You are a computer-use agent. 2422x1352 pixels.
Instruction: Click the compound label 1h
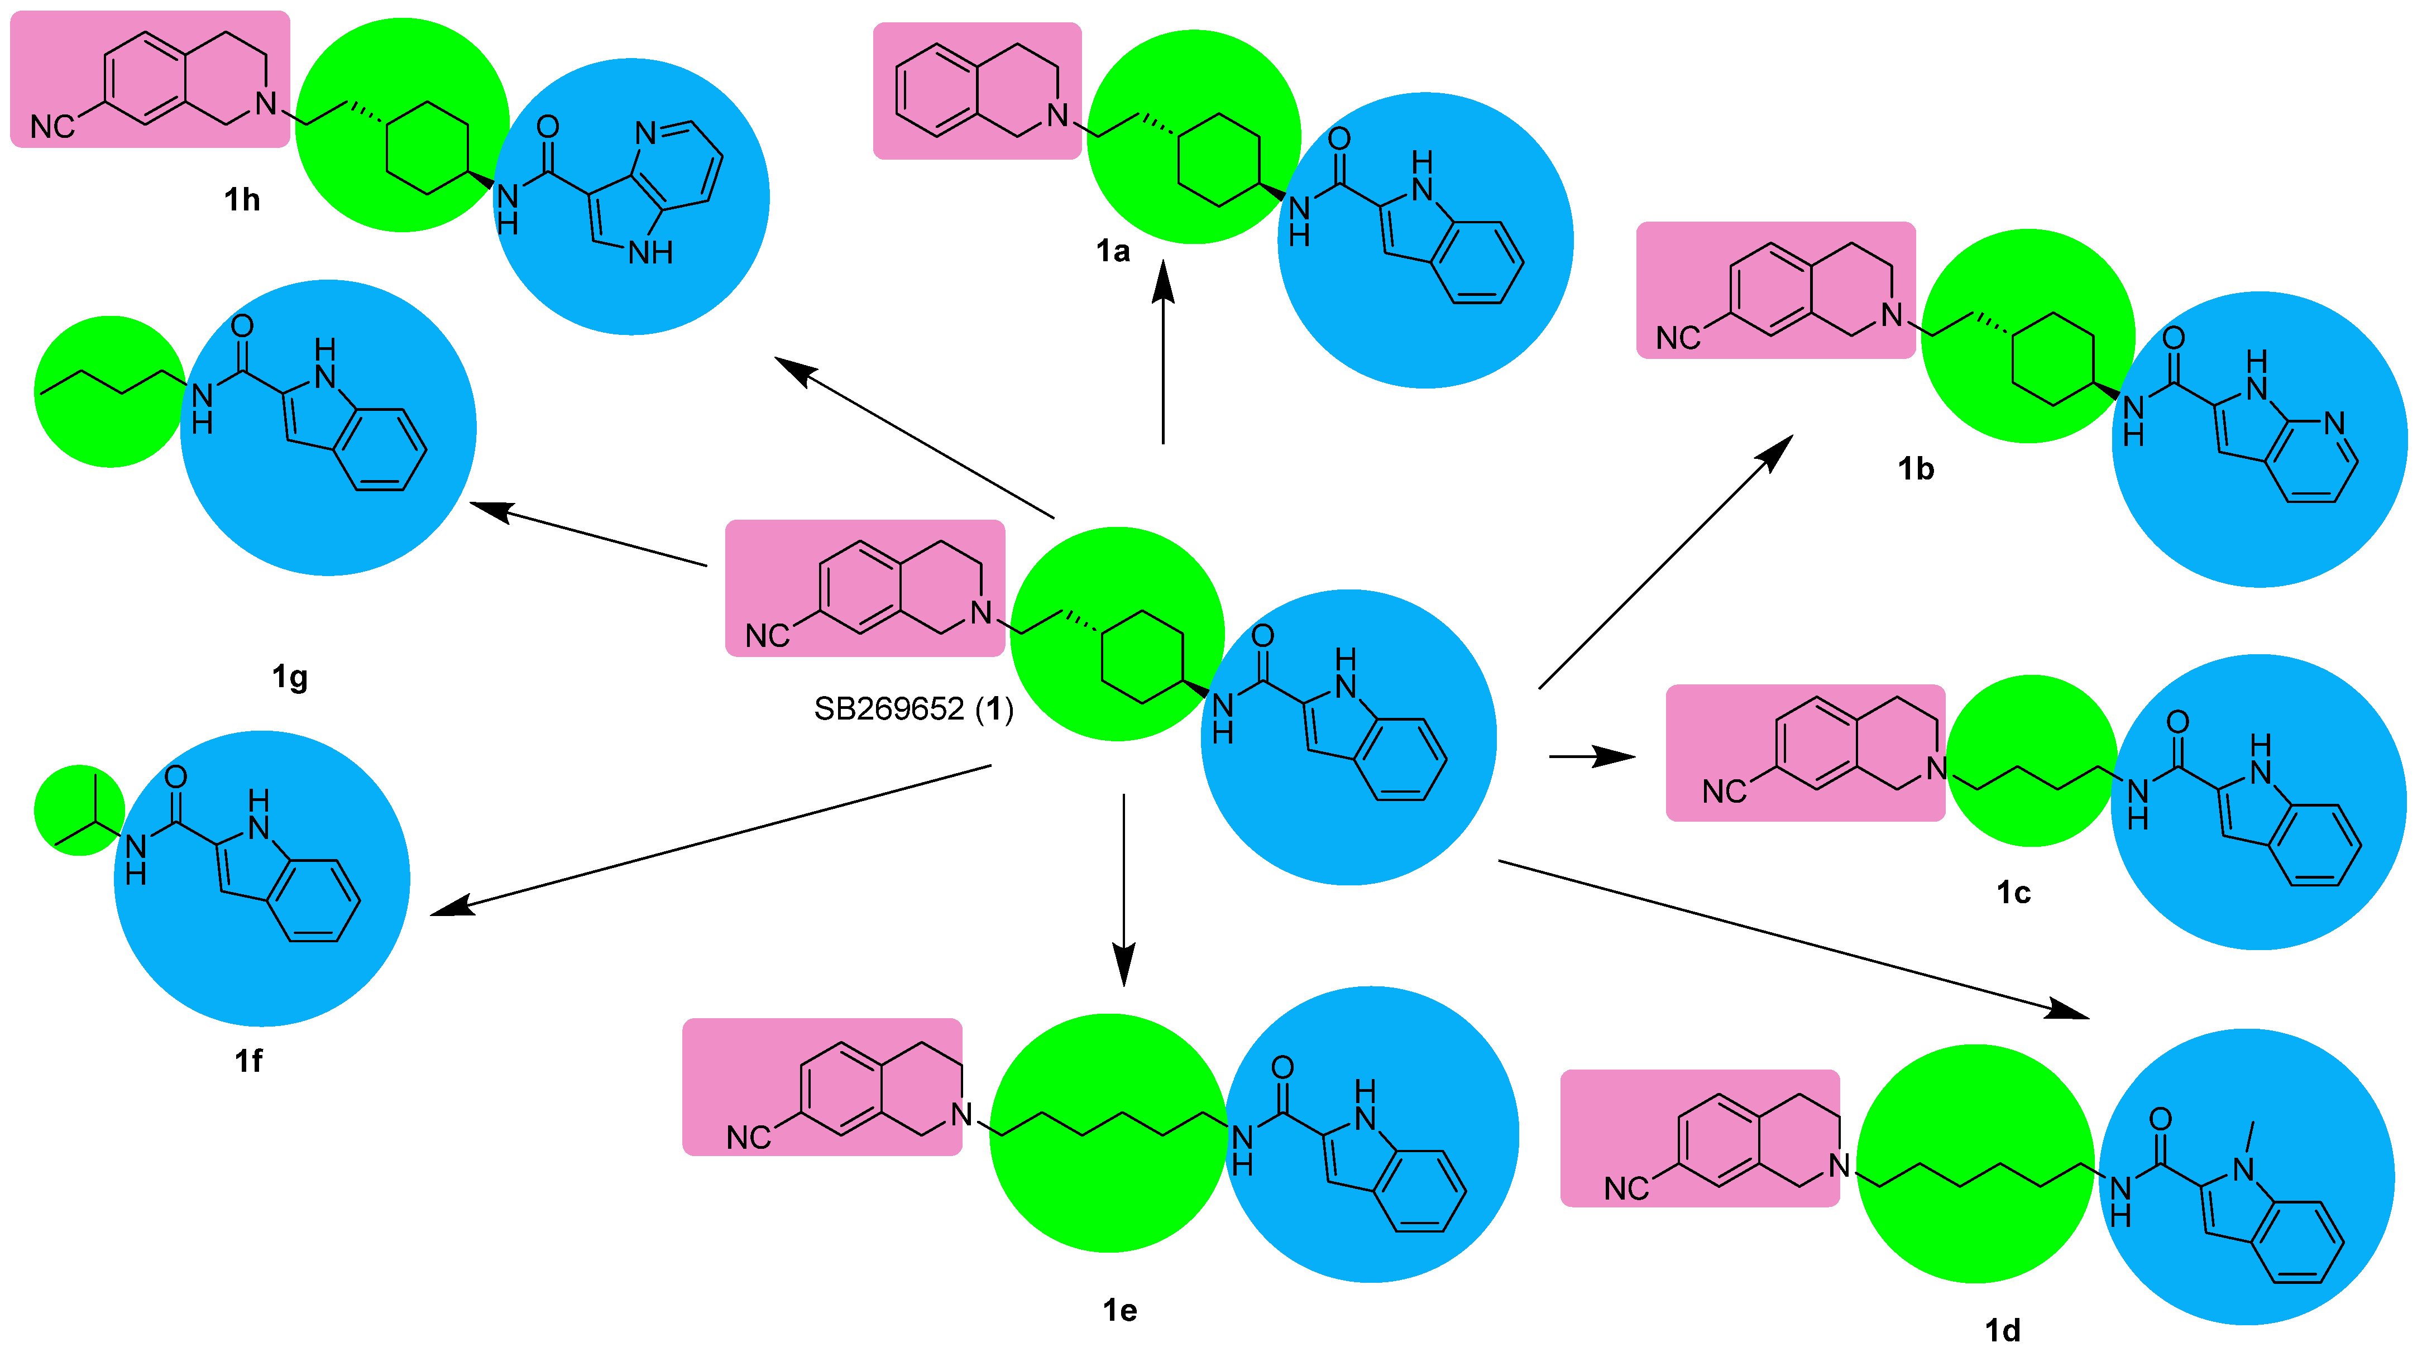[242, 199]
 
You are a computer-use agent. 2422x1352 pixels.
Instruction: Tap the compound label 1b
[1915, 468]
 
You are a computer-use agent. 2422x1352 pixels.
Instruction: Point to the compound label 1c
[2013, 892]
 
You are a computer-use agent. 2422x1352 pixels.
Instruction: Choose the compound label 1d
[2003, 1330]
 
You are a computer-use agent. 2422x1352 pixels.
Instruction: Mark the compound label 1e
[1120, 1310]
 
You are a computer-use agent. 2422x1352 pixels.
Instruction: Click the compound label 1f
[248, 1061]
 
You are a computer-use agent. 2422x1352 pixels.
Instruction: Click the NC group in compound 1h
[52, 127]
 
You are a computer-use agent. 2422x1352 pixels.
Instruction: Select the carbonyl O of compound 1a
[1339, 139]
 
